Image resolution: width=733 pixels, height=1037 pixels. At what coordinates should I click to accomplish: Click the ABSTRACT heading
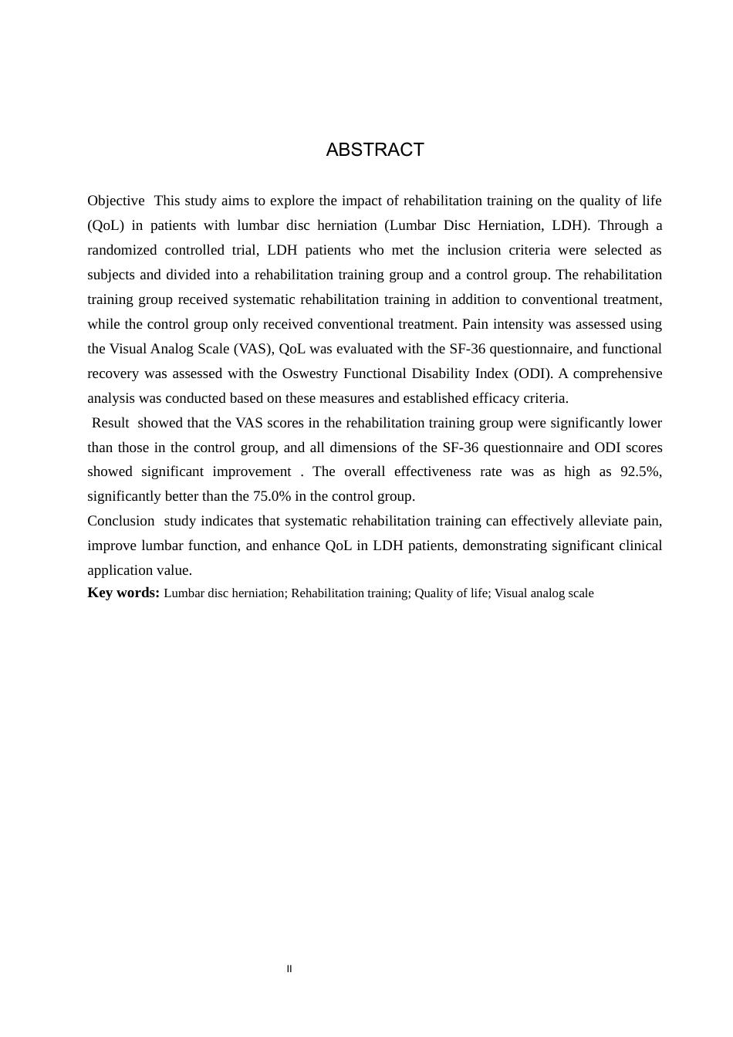[x=375, y=150]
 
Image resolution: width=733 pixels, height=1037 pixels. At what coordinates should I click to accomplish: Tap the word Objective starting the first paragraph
[x=116, y=201]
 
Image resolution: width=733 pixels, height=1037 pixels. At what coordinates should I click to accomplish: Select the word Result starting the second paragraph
[x=110, y=423]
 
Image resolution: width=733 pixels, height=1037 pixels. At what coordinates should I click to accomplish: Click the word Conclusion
[x=120, y=521]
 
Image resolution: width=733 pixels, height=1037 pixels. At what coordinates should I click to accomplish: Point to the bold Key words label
[x=123, y=593]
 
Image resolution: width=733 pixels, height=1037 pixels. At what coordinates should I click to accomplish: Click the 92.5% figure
[x=641, y=471]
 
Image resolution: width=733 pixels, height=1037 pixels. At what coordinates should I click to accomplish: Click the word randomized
[x=122, y=250]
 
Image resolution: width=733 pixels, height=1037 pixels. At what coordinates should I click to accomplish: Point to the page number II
[x=289, y=969]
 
